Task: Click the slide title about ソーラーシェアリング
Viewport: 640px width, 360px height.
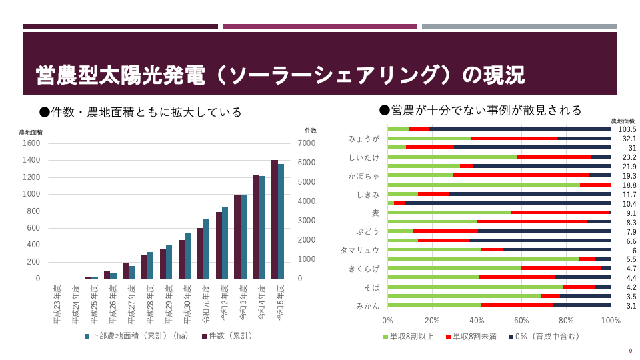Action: pos(280,75)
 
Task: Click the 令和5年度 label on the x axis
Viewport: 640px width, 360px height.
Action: pos(280,303)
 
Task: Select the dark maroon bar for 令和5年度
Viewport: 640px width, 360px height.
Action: pos(275,219)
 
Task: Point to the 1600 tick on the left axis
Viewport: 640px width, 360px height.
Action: pos(31,143)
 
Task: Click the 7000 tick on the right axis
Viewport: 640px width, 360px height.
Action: pos(305,143)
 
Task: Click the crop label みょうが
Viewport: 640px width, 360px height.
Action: pos(363,139)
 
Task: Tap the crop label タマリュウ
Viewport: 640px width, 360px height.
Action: pos(360,251)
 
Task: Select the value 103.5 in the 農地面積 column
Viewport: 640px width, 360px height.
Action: pos(627,129)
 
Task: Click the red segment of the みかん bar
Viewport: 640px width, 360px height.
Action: pos(517,305)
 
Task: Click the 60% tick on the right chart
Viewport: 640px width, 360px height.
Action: pos(522,321)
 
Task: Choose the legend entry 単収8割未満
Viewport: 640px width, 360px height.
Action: pos(474,337)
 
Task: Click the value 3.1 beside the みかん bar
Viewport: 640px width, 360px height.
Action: pos(630,305)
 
